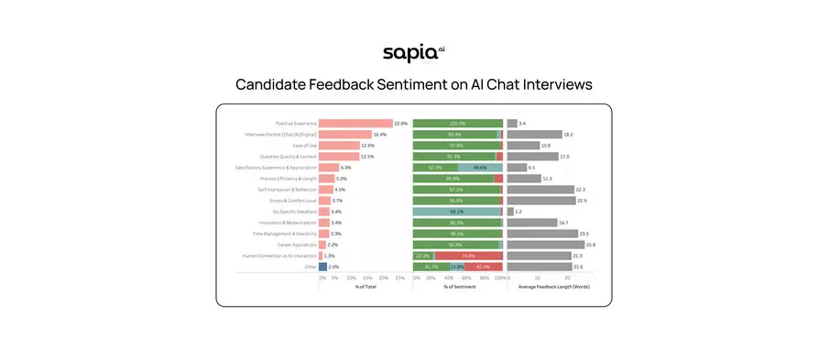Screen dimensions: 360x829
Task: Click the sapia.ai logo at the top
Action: (x=413, y=53)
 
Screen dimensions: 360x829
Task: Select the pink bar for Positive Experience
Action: (x=355, y=123)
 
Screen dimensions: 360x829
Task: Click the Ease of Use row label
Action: (x=304, y=145)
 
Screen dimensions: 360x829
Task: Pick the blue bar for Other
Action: (x=322, y=267)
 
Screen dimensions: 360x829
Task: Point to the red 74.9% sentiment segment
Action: (x=467, y=256)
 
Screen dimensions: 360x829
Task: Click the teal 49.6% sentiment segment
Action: (x=480, y=168)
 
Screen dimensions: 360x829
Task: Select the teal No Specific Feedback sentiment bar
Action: (x=457, y=212)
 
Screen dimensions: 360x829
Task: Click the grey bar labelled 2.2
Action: (x=510, y=212)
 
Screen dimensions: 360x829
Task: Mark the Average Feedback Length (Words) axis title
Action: (x=553, y=287)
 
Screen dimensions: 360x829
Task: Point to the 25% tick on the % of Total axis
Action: (x=399, y=277)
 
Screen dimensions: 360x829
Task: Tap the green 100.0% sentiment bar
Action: (x=457, y=123)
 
